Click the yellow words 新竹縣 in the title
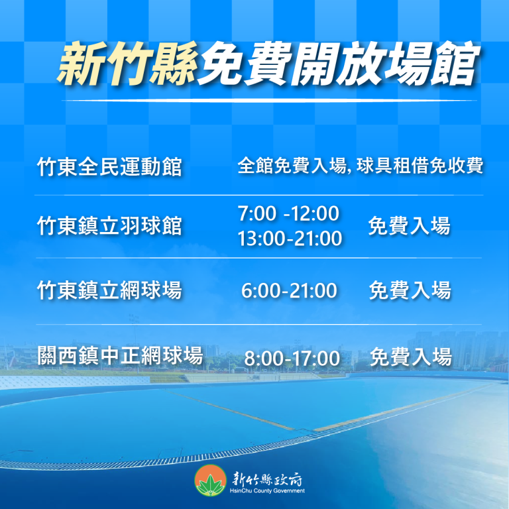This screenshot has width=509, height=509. (128, 64)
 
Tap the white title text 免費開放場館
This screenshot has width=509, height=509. (337, 64)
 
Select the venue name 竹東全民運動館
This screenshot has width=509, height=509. (109, 166)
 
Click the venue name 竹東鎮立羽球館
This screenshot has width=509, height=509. (109, 225)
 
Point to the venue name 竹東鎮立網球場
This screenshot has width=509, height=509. (109, 290)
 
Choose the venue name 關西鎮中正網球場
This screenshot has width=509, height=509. (120, 355)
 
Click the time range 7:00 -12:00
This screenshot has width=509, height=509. (288, 213)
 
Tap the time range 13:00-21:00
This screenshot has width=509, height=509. (290, 238)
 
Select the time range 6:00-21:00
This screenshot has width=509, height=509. (289, 290)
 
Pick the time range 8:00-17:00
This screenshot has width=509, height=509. (292, 358)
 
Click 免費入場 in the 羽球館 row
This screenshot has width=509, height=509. (409, 225)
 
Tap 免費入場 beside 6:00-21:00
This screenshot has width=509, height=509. (410, 290)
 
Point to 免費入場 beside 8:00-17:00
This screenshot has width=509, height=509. (411, 357)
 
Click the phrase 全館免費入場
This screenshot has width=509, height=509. (292, 166)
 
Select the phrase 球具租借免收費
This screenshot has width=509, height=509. (420, 166)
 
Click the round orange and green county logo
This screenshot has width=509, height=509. (210, 481)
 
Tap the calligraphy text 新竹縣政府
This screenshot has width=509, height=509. (267, 479)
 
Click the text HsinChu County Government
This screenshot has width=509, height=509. (267, 491)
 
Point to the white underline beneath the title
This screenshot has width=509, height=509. (269, 101)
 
